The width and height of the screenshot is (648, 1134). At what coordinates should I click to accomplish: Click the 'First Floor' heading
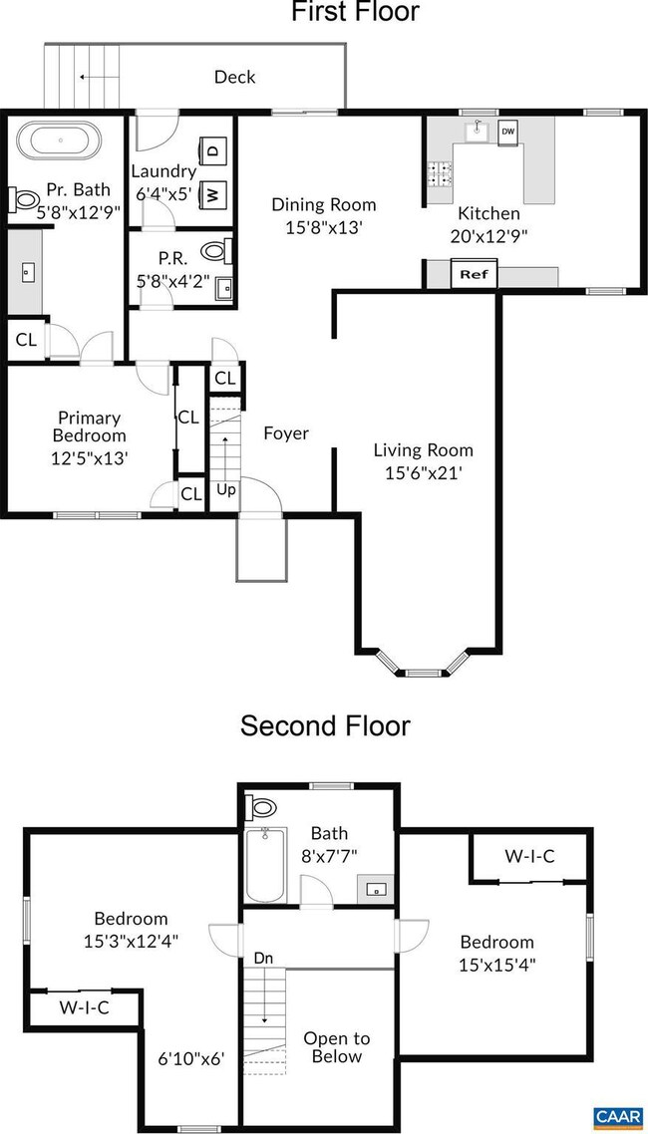pyautogui.click(x=355, y=12)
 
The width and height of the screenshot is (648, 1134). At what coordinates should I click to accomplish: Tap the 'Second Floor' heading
pyautogui.click(x=325, y=724)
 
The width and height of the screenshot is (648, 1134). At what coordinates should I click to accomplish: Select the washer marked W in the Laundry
pyautogui.click(x=213, y=193)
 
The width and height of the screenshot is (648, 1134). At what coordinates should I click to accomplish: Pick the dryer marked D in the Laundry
pyautogui.click(x=213, y=151)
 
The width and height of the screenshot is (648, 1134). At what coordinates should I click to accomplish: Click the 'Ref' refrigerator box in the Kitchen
pyautogui.click(x=474, y=274)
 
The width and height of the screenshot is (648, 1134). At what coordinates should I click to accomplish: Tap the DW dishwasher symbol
pyautogui.click(x=507, y=132)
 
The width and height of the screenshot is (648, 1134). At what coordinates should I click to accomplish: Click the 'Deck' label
pyautogui.click(x=235, y=77)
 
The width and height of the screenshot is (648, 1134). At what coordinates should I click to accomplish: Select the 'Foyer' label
pyautogui.click(x=286, y=433)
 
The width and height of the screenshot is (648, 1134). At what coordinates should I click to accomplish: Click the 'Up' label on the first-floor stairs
pyautogui.click(x=227, y=491)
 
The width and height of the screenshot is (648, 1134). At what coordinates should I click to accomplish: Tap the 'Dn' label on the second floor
pyautogui.click(x=263, y=958)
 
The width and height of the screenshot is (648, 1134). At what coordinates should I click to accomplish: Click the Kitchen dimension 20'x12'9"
pyautogui.click(x=488, y=236)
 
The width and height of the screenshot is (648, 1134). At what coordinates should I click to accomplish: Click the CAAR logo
pyautogui.click(x=617, y=1118)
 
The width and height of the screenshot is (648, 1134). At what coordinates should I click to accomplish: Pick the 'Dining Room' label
pyautogui.click(x=324, y=204)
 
